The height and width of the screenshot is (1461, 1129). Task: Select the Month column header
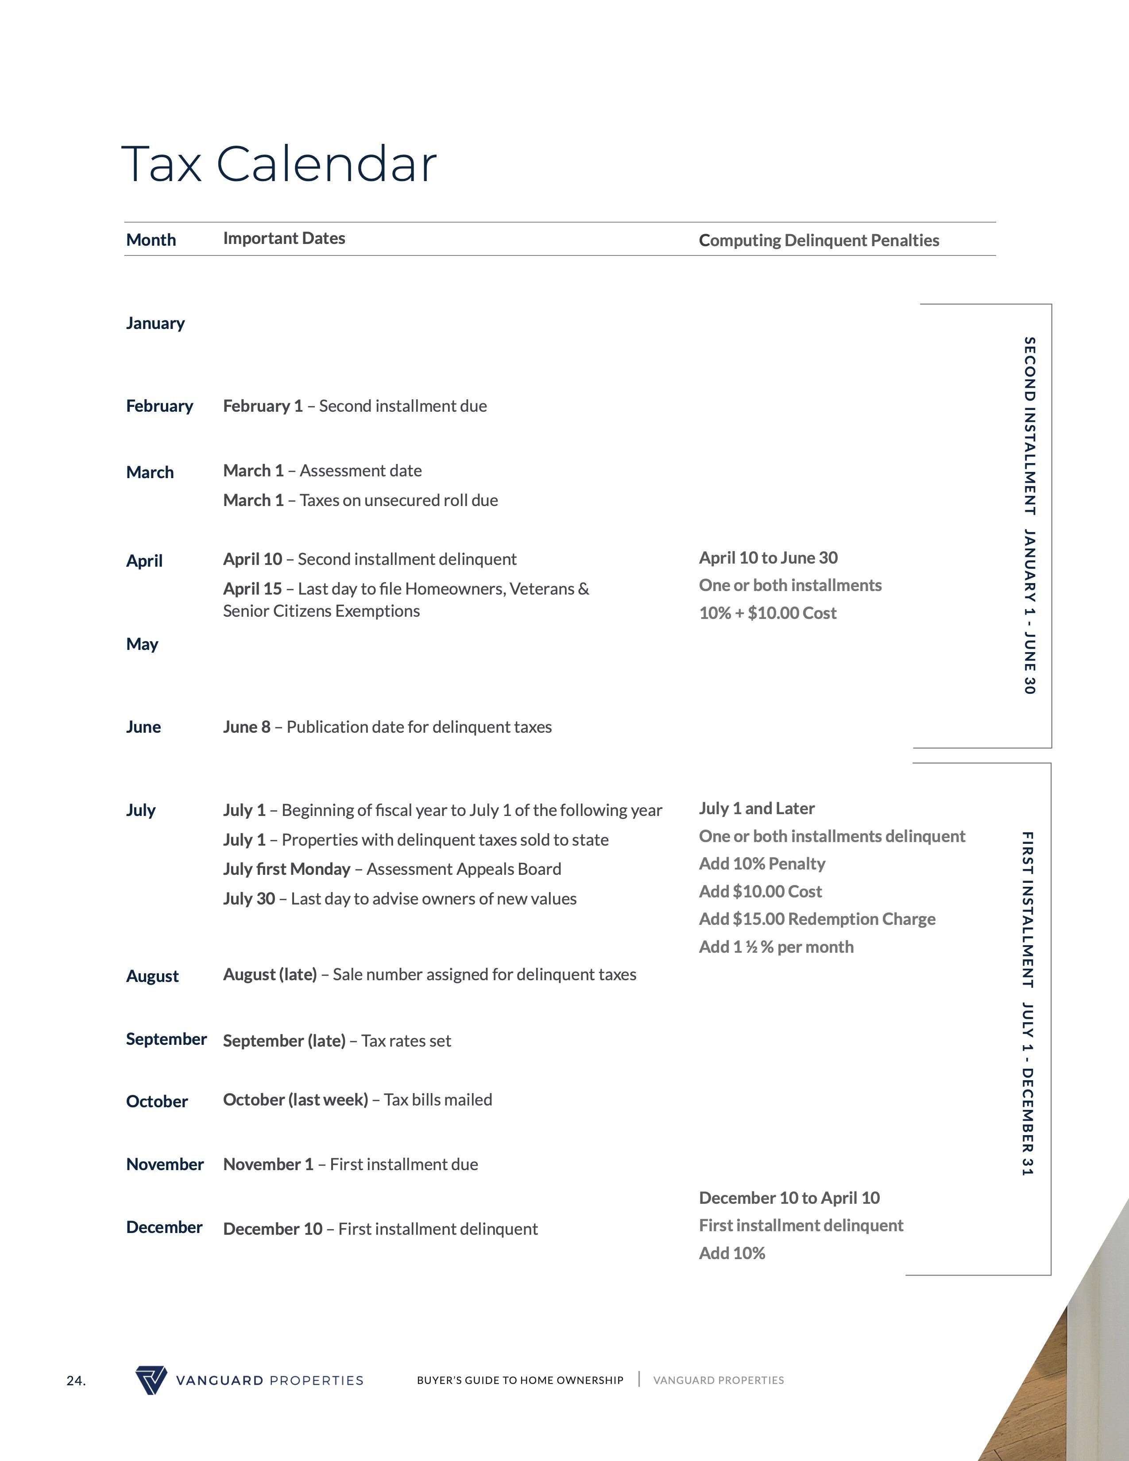[x=151, y=240]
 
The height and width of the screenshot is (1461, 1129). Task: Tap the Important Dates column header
[x=284, y=239]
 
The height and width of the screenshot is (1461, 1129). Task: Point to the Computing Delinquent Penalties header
[x=818, y=241]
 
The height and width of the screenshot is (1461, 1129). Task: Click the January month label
[x=155, y=323]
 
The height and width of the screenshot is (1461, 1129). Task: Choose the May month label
[x=142, y=644]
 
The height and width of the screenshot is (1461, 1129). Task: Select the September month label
[x=166, y=1039]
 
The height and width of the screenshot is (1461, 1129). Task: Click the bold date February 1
[x=262, y=406]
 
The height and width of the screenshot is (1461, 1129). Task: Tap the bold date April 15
[x=252, y=589]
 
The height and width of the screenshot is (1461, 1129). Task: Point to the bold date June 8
[x=246, y=727]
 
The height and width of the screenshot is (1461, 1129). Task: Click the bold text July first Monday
[x=286, y=869]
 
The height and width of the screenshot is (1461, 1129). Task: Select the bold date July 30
[x=249, y=898]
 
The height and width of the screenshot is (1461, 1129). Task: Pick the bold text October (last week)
[x=295, y=1100]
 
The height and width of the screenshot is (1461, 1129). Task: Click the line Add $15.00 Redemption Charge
[x=817, y=919]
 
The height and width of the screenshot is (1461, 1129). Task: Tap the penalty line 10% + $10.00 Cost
[x=767, y=613]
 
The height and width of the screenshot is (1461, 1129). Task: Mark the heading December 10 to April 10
[x=789, y=1198]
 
